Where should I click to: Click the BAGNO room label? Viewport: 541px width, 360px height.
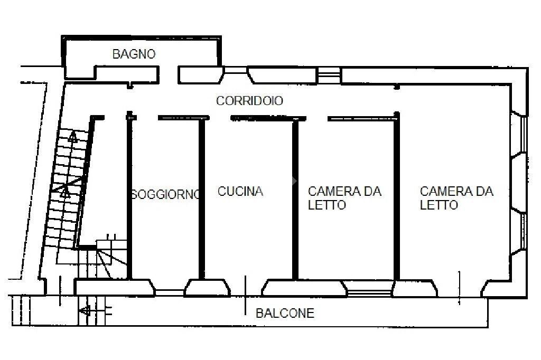(134, 54)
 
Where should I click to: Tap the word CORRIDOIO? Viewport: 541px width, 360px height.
(249, 101)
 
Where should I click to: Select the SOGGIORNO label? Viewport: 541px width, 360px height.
(166, 194)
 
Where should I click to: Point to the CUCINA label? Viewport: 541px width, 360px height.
(240, 191)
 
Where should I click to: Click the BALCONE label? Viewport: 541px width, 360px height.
(285, 314)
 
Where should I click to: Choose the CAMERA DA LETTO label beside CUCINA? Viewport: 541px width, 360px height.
(344, 198)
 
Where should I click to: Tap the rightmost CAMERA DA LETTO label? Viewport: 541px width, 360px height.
(456, 198)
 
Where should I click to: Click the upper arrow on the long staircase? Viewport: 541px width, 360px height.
(72, 138)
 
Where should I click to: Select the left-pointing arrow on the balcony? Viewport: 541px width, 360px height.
(85, 311)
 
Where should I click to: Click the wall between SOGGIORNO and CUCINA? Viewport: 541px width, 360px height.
(201, 198)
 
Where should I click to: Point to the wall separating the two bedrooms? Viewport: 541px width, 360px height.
(396, 198)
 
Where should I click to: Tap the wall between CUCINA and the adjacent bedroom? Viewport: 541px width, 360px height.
(295, 198)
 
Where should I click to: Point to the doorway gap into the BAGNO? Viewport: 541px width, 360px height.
(168, 75)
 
